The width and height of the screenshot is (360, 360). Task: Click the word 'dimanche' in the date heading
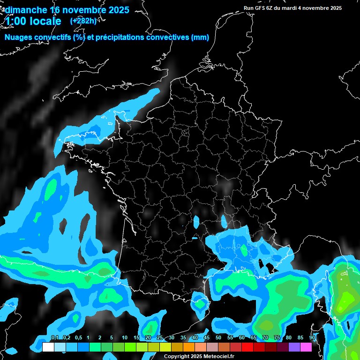pyautogui.click(x=26, y=10)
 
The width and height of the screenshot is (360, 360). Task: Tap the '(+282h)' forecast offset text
pyautogui.click(x=83, y=21)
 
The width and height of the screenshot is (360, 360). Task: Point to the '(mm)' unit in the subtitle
pyautogui.click(x=200, y=37)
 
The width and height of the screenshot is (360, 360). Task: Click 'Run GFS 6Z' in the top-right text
pyautogui.click(x=260, y=8)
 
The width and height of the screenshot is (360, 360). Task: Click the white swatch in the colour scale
pyautogui.click(x=48, y=347)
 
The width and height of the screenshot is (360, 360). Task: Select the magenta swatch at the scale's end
pyautogui.click(x=306, y=347)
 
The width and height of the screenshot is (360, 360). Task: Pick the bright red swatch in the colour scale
pyautogui.click(x=247, y=347)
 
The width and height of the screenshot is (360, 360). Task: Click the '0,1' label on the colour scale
pyautogui.click(x=54, y=337)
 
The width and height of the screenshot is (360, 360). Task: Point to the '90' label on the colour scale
pyautogui.click(x=312, y=337)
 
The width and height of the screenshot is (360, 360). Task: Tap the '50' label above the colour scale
pyautogui.click(x=218, y=337)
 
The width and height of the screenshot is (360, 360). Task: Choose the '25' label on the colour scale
pyautogui.click(x=160, y=337)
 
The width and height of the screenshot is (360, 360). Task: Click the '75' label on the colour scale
pyautogui.click(x=277, y=337)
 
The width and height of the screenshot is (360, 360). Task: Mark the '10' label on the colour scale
pyautogui.click(x=125, y=337)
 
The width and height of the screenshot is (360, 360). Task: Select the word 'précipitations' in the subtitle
pyautogui.click(x=120, y=37)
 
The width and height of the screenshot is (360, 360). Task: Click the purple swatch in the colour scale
pyautogui.click(x=294, y=347)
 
